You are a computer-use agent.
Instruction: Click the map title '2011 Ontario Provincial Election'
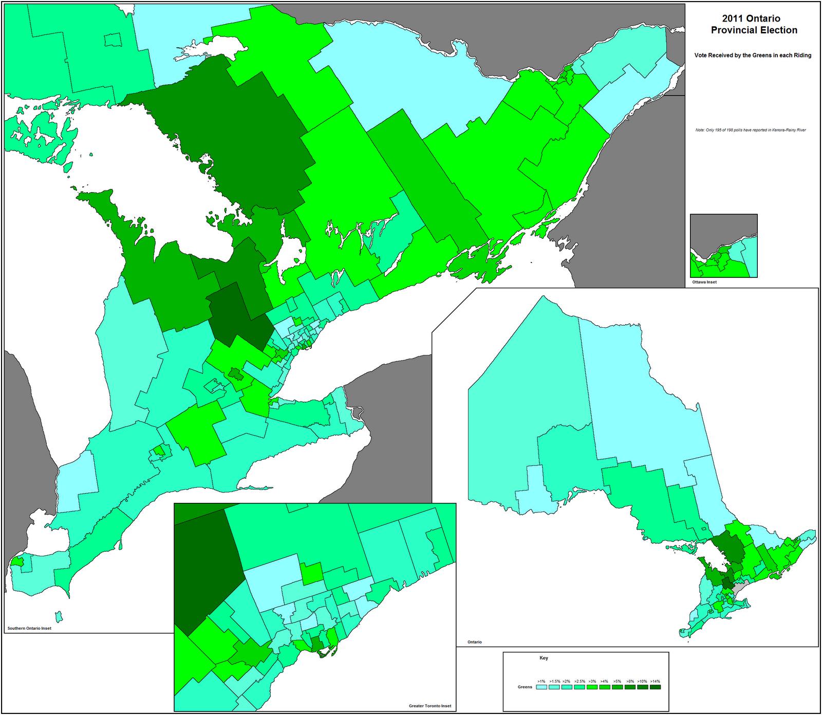tap(754, 24)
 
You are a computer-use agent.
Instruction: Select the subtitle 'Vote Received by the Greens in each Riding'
tap(753, 55)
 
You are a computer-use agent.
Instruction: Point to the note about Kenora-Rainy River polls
tap(751, 130)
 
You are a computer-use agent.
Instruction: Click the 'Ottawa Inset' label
tap(704, 282)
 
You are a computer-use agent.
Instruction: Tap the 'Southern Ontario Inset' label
tap(29, 628)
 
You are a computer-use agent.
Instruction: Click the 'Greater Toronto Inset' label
tap(430, 706)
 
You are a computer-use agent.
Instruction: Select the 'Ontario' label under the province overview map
tap(475, 642)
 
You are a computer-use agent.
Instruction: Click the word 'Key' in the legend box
tap(544, 658)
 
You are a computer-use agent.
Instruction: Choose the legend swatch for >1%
tap(541, 687)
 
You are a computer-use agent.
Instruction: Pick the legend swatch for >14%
tap(656, 687)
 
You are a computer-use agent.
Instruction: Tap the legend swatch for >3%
tap(592, 687)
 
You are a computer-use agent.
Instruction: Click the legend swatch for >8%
tap(630, 687)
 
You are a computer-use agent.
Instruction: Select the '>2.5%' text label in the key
tap(580, 681)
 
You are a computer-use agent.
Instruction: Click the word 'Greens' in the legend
tap(525, 687)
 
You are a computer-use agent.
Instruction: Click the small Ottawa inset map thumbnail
tap(723, 246)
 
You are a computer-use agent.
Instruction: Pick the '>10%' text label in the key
tap(642, 681)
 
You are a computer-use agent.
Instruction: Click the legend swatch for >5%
tap(618, 687)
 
